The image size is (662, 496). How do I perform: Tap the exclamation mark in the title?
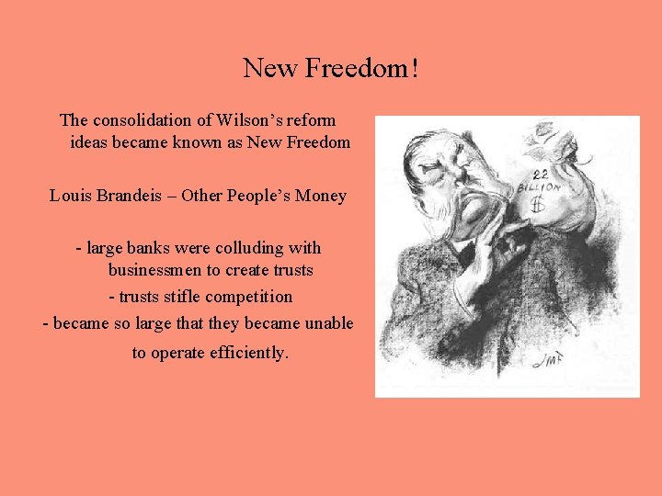tap(416, 68)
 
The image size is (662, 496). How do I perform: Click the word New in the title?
tap(270, 68)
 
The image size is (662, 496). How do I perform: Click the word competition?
tap(249, 297)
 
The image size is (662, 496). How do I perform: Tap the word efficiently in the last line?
tap(242, 352)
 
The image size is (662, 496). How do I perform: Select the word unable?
tap(329, 323)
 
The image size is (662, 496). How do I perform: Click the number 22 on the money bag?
tap(540, 174)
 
